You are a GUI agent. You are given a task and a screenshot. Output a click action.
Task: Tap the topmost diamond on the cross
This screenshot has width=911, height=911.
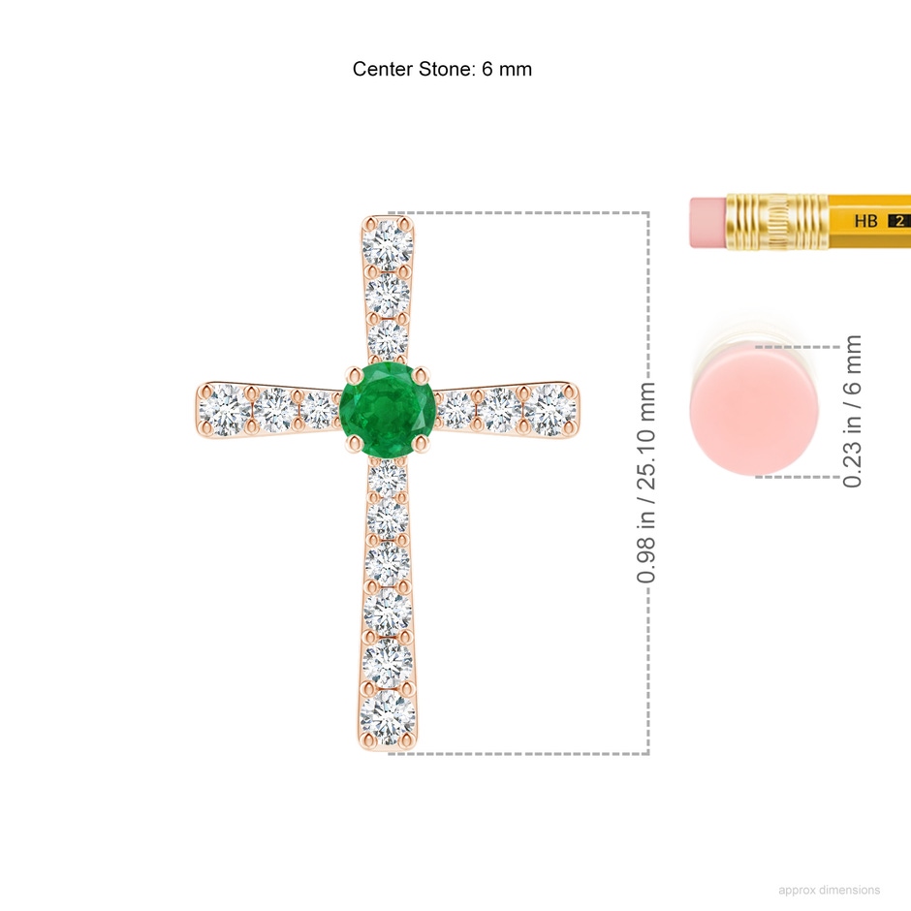[388, 245]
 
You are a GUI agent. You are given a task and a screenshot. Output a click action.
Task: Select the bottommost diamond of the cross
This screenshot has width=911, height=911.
[388, 717]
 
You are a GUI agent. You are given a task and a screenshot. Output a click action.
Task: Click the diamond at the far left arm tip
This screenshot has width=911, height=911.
[225, 410]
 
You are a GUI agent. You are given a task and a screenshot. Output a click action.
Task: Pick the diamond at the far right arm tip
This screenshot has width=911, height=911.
[550, 410]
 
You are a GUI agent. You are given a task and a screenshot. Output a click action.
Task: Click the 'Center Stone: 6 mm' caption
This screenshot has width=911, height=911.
[442, 69]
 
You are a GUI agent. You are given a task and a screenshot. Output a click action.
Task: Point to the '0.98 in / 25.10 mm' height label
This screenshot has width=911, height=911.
[646, 483]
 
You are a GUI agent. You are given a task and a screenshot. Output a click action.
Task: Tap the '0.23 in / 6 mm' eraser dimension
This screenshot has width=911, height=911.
[852, 411]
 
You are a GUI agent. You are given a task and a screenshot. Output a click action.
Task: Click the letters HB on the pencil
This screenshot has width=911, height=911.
[865, 221]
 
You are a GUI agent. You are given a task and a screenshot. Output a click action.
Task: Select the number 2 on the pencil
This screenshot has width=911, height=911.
[899, 221]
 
